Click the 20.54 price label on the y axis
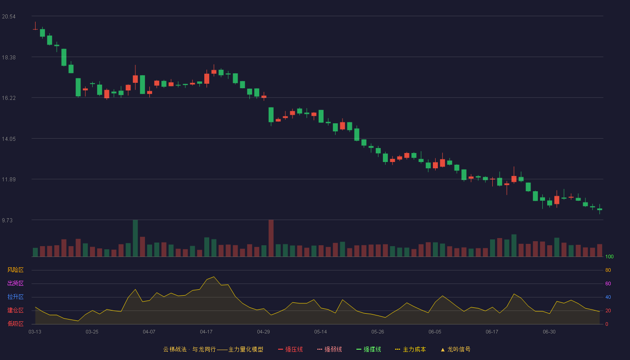click(9, 17)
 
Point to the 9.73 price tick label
click(7, 220)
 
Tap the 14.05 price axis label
click(9, 139)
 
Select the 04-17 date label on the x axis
click(206, 332)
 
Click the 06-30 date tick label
click(549, 332)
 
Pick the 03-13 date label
click(35, 332)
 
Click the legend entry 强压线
click(290, 349)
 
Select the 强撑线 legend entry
click(369, 349)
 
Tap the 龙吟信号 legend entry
click(455, 349)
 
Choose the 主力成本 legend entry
click(410, 349)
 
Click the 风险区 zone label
click(15, 270)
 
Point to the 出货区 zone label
click(15, 283)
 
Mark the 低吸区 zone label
click(15, 324)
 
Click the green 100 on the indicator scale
click(609, 256)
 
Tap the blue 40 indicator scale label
click(608, 297)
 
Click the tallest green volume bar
click(135, 238)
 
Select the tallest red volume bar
click(271, 238)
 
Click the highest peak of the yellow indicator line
click(214, 277)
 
